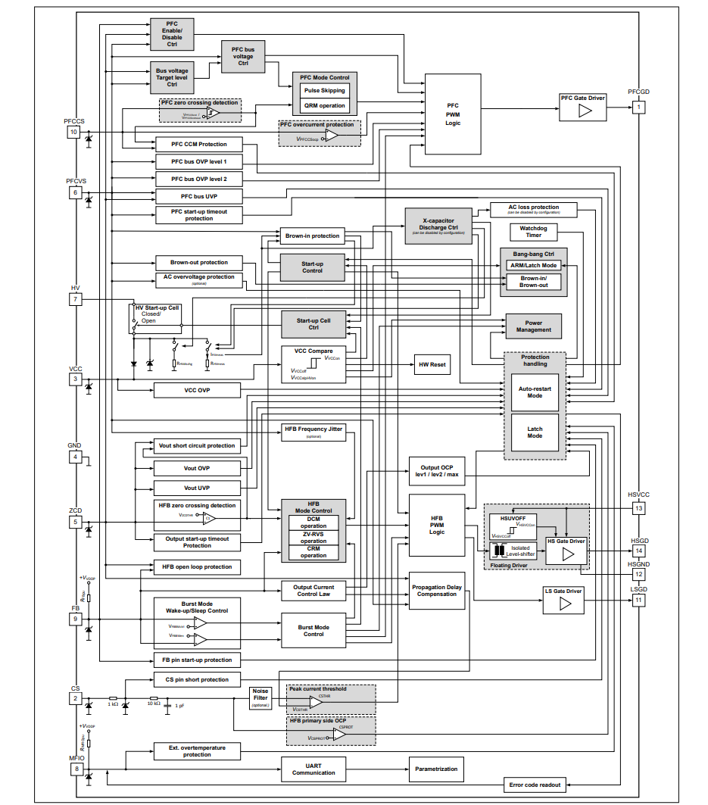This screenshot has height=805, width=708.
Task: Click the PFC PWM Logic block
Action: (x=452, y=114)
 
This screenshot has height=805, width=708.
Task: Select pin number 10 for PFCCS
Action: (x=73, y=133)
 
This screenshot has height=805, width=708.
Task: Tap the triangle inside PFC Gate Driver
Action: (x=584, y=111)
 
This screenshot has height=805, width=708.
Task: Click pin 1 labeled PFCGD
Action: (x=639, y=107)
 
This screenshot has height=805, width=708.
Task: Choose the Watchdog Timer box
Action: (x=534, y=231)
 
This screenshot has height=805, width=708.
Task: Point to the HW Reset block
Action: (x=432, y=365)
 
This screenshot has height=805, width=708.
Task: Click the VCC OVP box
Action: (x=197, y=390)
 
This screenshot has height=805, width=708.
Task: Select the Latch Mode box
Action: (x=535, y=432)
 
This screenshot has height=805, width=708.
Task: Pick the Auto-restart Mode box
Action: (x=535, y=392)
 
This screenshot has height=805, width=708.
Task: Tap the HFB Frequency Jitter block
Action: (x=313, y=432)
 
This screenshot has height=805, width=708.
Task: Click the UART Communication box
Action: (x=313, y=769)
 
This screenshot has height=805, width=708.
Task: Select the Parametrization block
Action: (x=436, y=769)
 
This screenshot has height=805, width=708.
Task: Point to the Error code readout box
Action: (x=535, y=785)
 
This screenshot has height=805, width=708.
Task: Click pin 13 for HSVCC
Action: (x=639, y=509)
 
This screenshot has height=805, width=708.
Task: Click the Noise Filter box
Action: (x=260, y=697)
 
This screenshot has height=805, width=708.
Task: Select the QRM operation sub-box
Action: (x=324, y=106)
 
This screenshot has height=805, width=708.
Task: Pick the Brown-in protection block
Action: (x=313, y=236)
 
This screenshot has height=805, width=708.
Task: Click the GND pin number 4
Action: (x=75, y=457)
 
